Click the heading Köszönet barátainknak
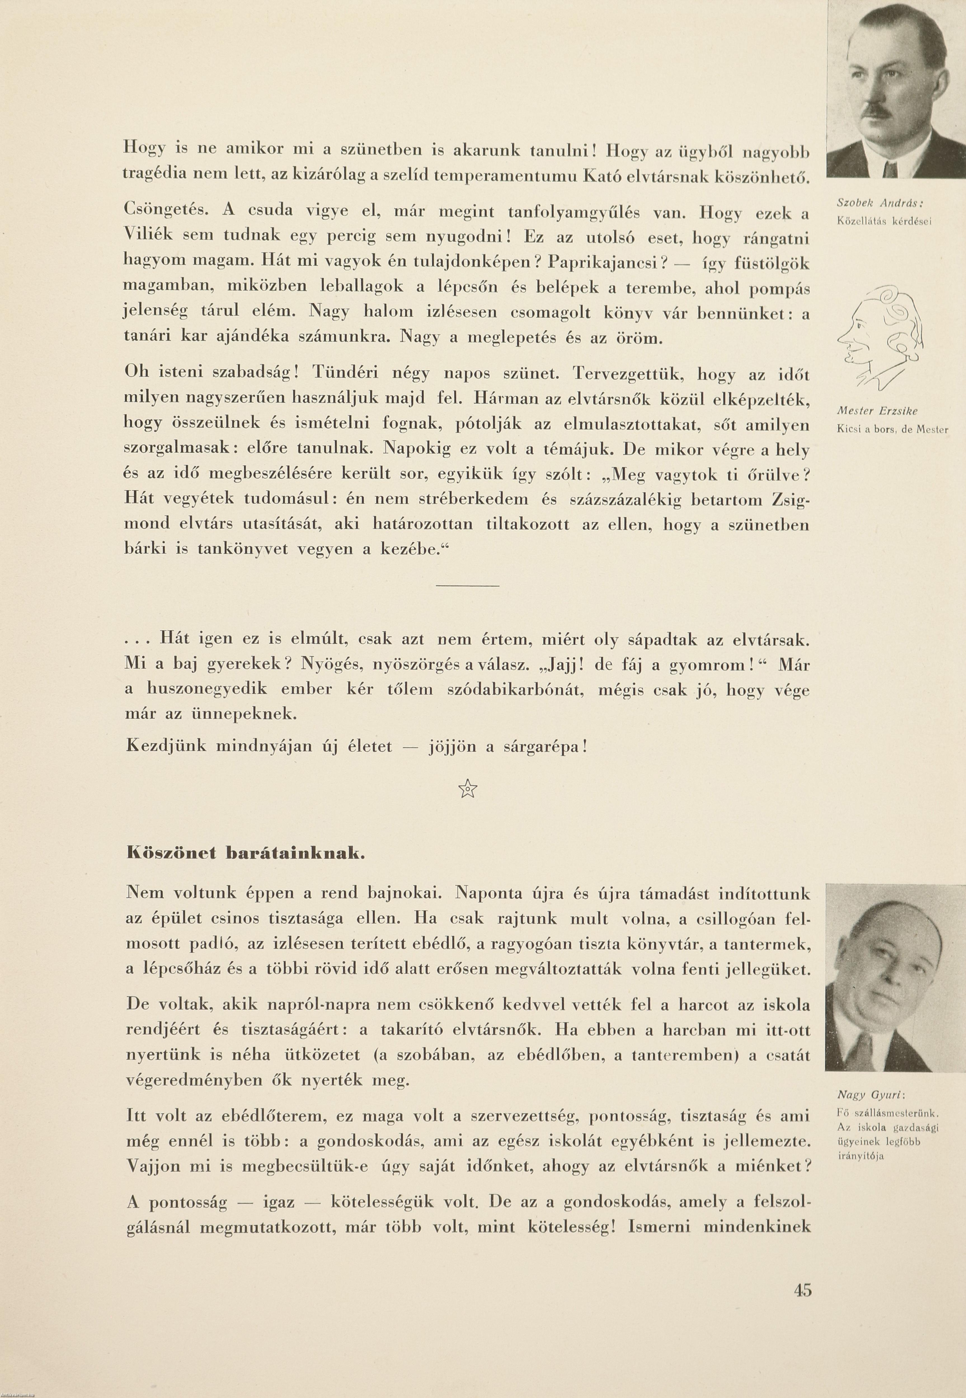click(x=245, y=854)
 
